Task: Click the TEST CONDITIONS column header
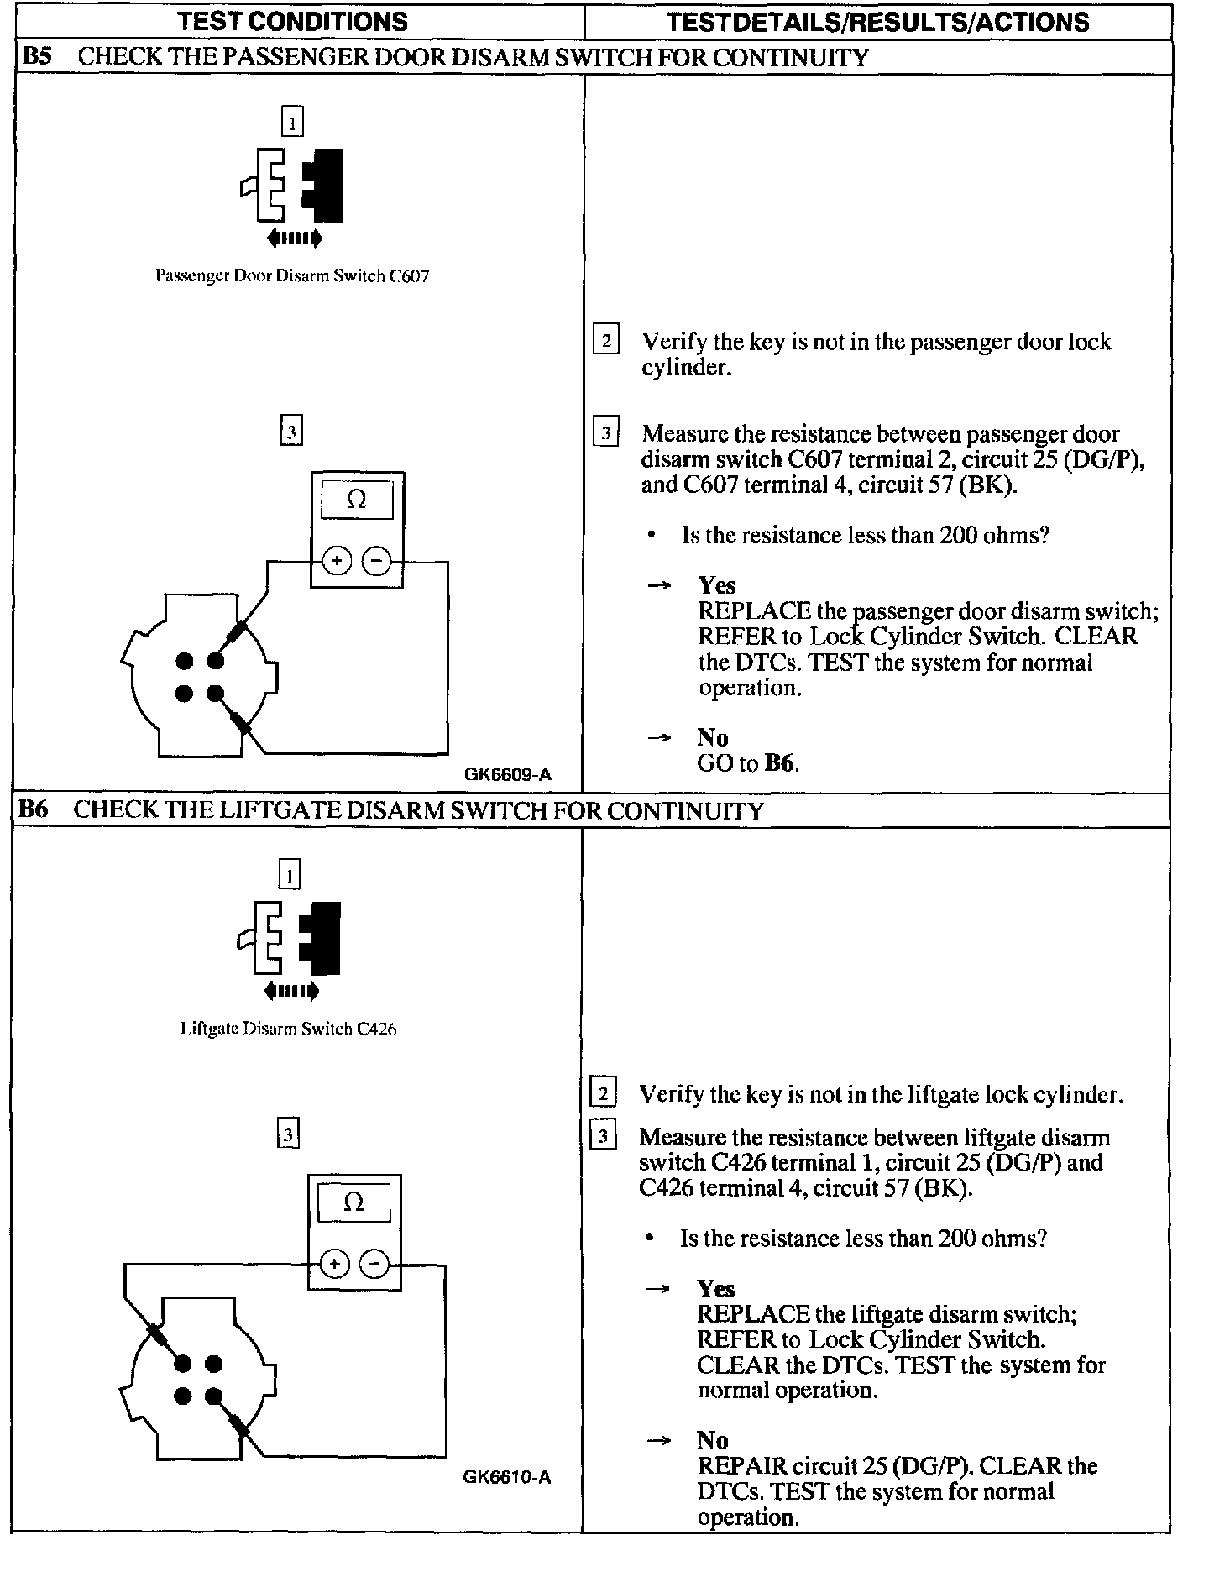click(x=292, y=21)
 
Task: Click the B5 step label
click(x=37, y=57)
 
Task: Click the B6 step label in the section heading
click(x=34, y=809)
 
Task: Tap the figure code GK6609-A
click(x=508, y=775)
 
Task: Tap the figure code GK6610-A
click(x=506, y=1477)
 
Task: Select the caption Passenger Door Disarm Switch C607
click(x=292, y=276)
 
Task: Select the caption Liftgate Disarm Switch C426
click(x=289, y=1029)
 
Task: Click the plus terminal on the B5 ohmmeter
click(x=337, y=561)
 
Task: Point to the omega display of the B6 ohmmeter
click(x=353, y=1203)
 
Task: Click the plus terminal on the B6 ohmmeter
click(x=334, y=1264)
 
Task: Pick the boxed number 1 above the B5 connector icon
click(x=291, y=123)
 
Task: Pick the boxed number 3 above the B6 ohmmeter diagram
click(x=288, y=1135)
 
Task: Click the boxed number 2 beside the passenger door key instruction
click(x=605, y=340)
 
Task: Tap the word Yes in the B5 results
click(x=716, y=585)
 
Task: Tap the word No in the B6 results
click(x=712, y=1440)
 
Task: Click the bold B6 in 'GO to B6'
click(x=780, y=763)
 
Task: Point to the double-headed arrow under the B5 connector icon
click(x=294, y=239)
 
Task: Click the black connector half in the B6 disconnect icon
click(x=321, y=937)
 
